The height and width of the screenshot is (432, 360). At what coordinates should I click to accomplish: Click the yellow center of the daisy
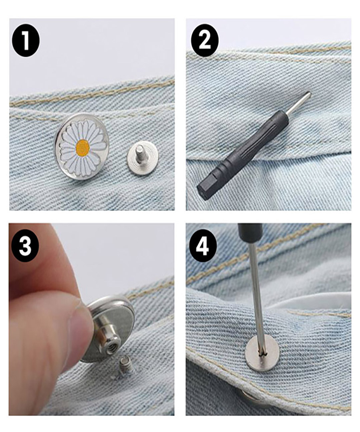tap(83, 148)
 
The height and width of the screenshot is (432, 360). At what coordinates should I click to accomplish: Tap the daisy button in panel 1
tap(82, 146)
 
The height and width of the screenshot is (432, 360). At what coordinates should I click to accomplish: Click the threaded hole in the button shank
tap(111, 349)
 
